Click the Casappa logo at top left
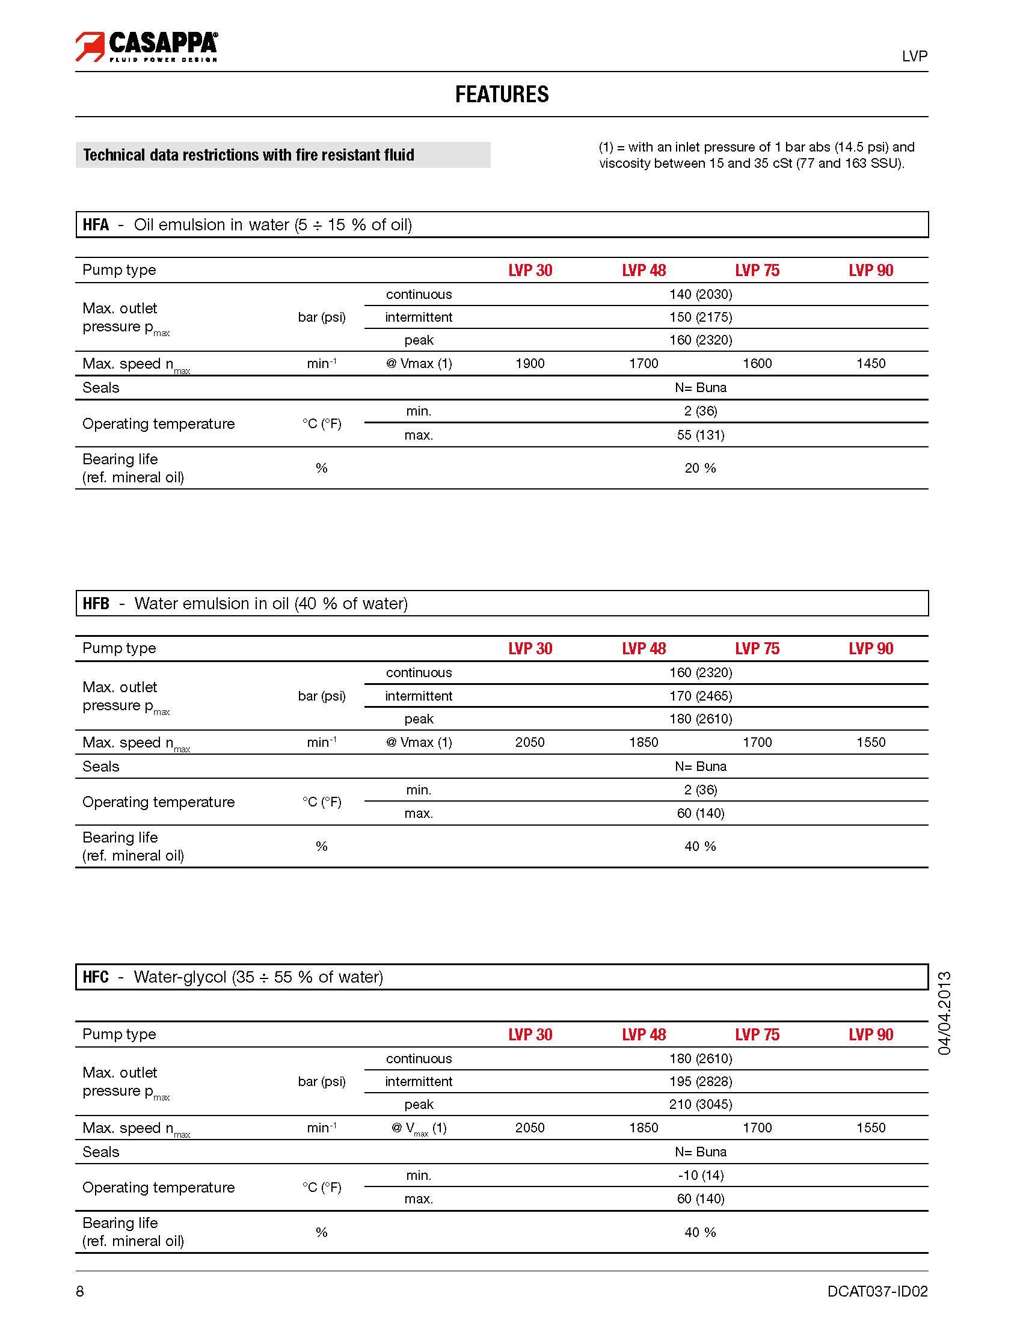click(146, 46)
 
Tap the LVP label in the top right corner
click(914, 56)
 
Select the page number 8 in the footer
click(80, 1291)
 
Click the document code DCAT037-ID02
click(877, 1291)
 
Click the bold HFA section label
click(96, 226)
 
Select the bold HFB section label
click(96, 604)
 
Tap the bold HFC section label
click(96, 977)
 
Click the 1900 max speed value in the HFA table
click(530, 364)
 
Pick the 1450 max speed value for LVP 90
click(871, 364)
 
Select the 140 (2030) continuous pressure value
click(701, 295)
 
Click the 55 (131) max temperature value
click(701, 435)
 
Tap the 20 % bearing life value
click(701, 468)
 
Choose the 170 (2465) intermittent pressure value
click(701, 696)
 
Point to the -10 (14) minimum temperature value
click(701, 1176)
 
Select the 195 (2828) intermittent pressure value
click(701, 1081)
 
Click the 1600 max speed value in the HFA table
click(757, 364)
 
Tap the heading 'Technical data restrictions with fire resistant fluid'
click(249, 155)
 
